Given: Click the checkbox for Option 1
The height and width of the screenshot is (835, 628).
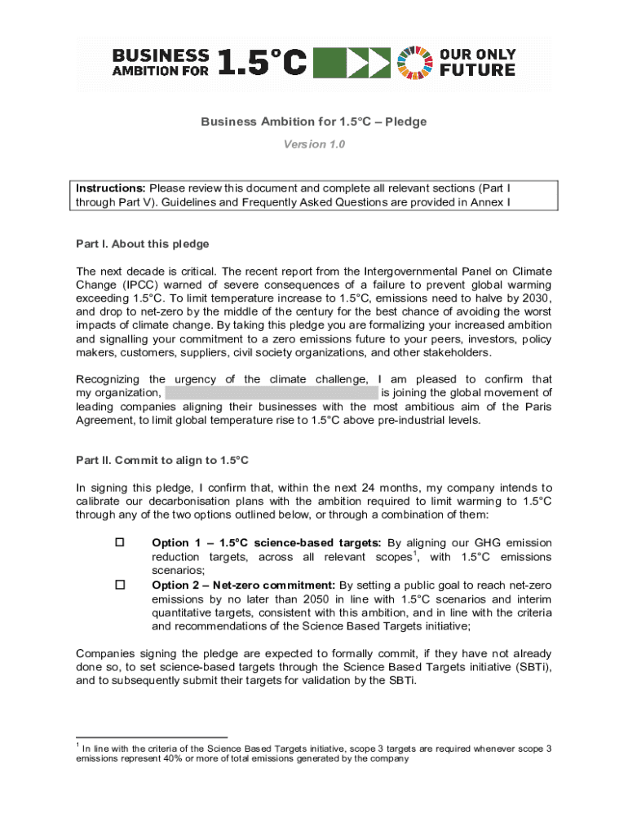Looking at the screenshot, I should pos(120,542).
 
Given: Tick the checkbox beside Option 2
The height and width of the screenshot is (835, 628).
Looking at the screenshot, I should pos(120,585).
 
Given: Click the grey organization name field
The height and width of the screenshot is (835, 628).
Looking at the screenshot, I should pos(272,393).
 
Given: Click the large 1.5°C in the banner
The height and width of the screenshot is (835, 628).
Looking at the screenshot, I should pos(262,63).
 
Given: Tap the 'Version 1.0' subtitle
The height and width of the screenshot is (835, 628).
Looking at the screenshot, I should pos(314,144).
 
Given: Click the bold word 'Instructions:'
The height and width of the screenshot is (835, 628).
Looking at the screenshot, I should pos(112,188).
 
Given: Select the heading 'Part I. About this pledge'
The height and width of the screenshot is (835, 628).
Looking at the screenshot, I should pos(143,244).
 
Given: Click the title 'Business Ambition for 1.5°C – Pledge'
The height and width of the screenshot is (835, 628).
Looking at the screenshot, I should pos(314,121).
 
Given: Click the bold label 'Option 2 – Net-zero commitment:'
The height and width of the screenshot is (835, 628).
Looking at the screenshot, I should pos(244,585).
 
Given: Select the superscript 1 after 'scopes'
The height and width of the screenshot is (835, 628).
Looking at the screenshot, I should pos(418,554).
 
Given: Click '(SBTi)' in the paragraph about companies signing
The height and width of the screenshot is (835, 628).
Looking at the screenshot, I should pos(533,667).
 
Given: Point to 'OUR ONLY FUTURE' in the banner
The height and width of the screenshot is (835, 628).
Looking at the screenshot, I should pos(477,63).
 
